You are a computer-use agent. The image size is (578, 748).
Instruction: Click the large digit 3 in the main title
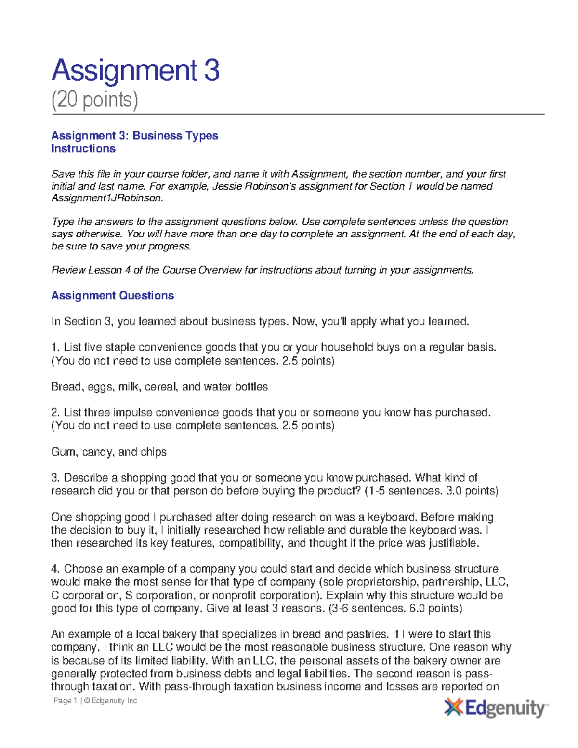(211, 70)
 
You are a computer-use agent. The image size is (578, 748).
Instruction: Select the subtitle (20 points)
(95, 100)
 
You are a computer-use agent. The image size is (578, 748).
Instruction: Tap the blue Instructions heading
(83, 149)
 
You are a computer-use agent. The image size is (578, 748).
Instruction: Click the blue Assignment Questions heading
(113, 296)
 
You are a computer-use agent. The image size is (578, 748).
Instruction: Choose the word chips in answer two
(153, 452)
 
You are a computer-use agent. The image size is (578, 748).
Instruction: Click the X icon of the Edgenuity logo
(453, 708)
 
